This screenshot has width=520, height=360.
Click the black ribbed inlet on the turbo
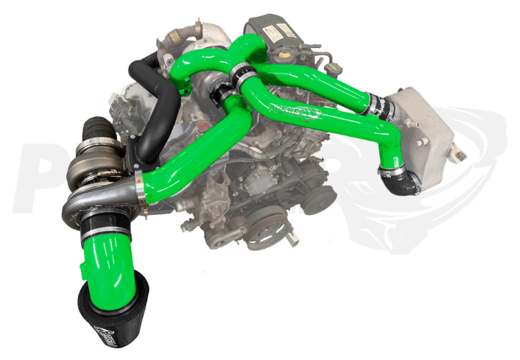(x=99, y=137)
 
